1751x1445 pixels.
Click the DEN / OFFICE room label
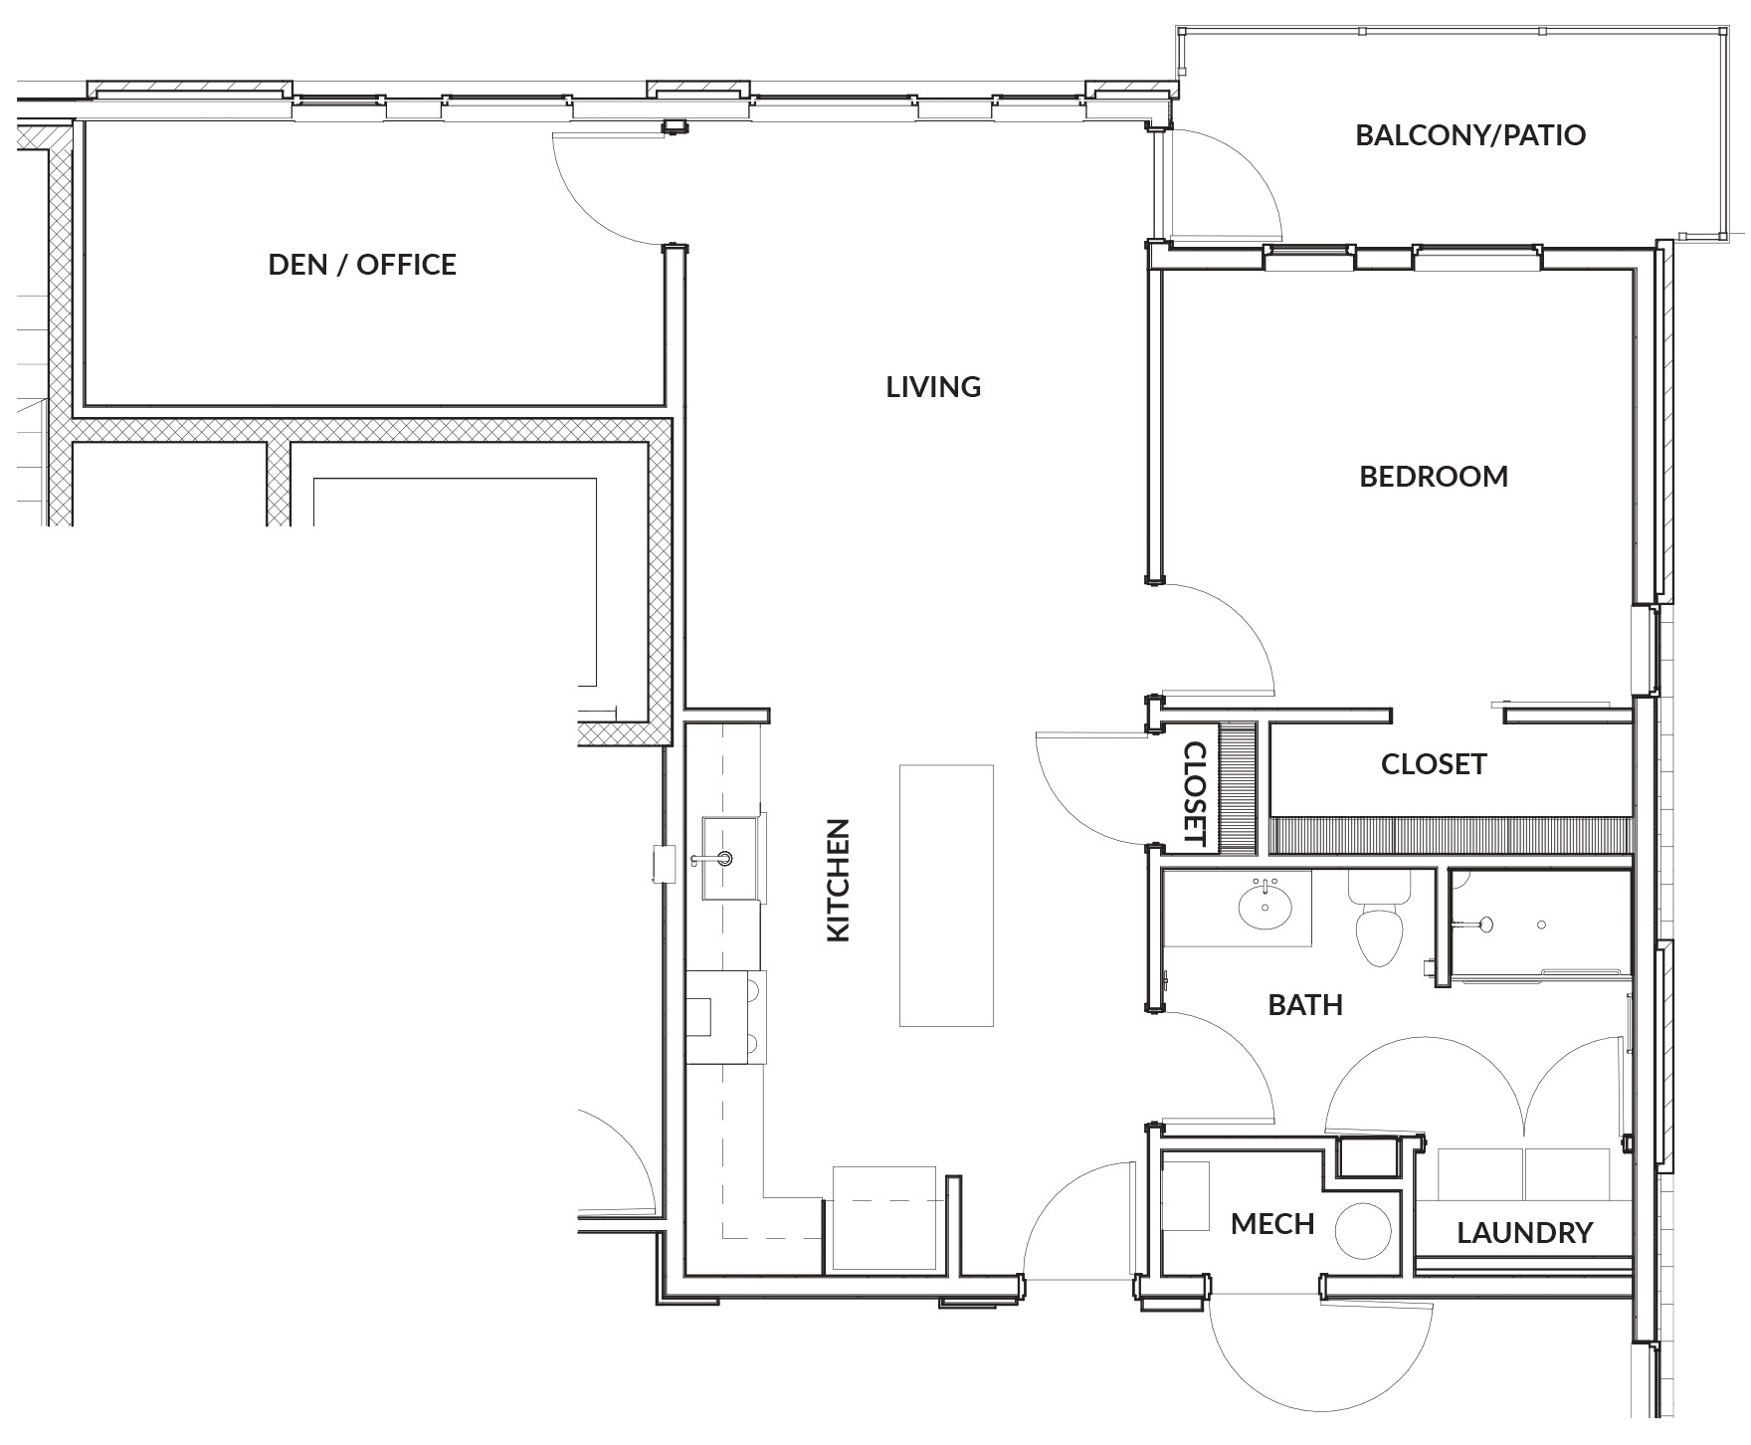tap(362, 265)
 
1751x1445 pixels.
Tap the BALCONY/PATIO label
tap(1469, 135)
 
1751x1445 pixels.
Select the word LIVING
tap(933, 387)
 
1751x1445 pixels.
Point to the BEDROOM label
tap(1433, 477)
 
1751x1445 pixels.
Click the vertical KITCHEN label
tap(840, 880)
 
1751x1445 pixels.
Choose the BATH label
tap(1304, 1005)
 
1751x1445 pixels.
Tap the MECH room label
tap(1271, 1224)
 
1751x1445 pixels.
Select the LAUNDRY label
tap(1524, 1234)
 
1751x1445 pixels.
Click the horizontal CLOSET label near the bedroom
tap(1433, 764)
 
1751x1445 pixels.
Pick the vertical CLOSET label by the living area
tap(1194, 794)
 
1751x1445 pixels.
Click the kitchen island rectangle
tap(946, 895)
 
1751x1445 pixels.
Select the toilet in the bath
tap(1378, 926)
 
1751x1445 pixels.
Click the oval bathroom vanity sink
tap(1265, 907)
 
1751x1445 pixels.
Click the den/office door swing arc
tap(602, 189)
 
